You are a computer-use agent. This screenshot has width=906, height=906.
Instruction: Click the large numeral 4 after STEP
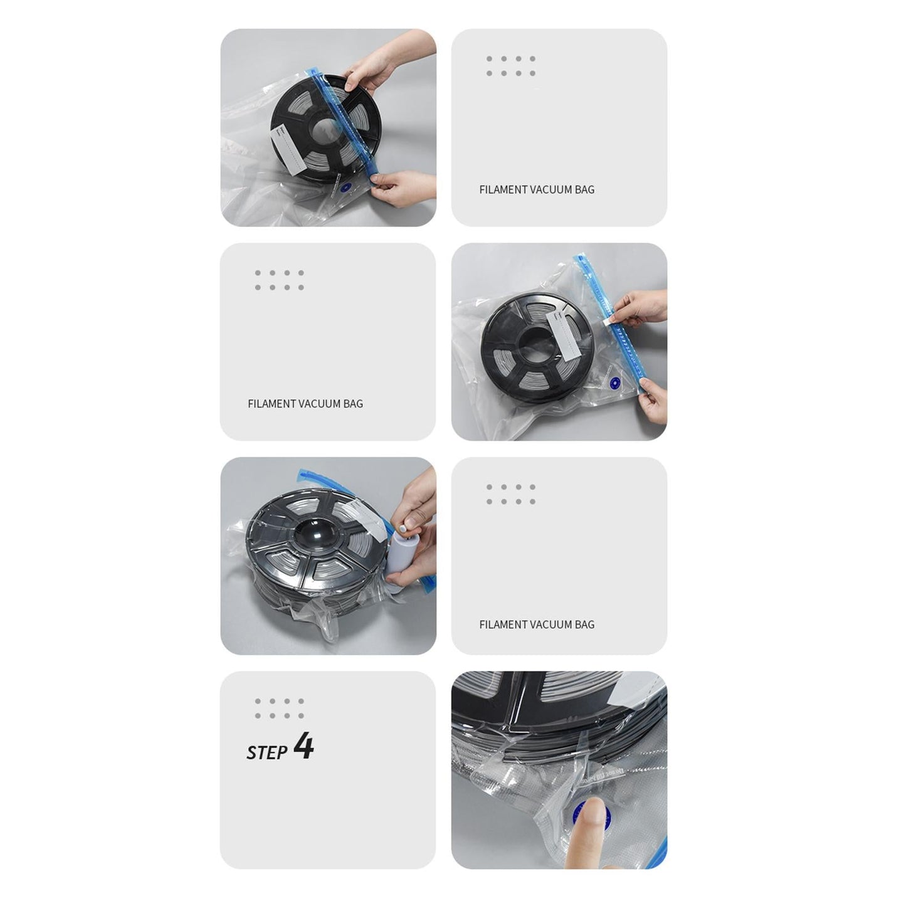pos(303,745)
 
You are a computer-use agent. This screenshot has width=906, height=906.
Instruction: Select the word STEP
pos(267,752)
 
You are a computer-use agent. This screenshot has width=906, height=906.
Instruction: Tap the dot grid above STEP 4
pos(280,708)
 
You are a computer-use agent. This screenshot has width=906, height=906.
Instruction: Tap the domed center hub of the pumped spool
pos(319,534)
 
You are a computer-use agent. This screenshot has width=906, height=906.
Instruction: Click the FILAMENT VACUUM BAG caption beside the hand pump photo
pos(537,624)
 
